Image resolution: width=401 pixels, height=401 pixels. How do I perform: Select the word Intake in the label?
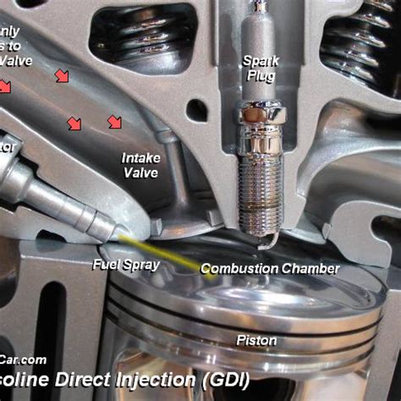click(x=140, y=157)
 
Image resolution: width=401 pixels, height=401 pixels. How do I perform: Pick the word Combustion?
click(x=241, y=269)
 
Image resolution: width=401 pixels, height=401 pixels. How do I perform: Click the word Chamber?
click(x=312, y=269)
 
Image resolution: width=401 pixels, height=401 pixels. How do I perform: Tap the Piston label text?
click(x=255, y=341)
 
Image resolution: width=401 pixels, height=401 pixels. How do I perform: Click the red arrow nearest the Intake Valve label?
click(x=114, y=123)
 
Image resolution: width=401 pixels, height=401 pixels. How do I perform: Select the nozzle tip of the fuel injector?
click(x=110, y=229)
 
